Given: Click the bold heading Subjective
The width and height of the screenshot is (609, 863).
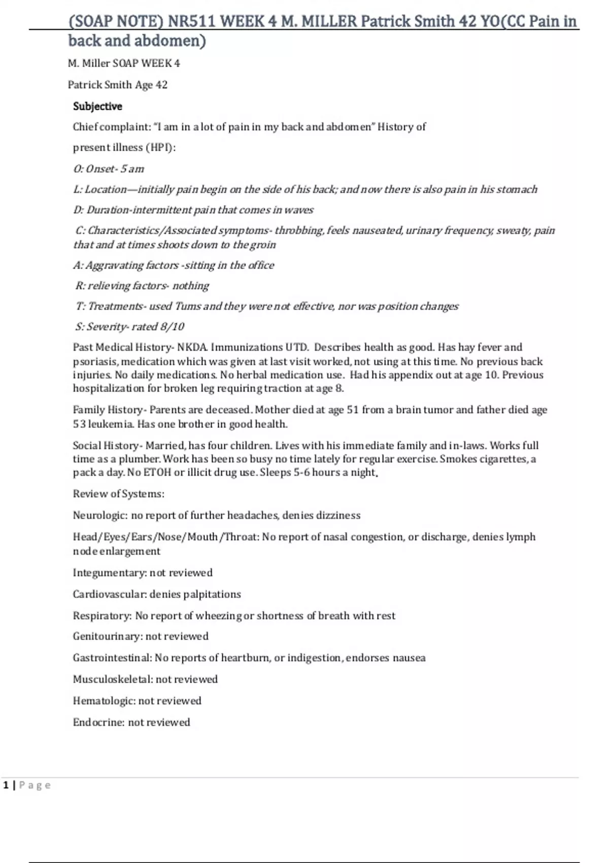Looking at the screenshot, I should [x=97, y=107].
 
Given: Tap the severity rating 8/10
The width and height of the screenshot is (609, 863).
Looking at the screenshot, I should [x=172, y=327].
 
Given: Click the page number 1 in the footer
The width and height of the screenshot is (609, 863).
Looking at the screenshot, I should [x=6, y=785].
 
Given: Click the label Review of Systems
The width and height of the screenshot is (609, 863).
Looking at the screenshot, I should [x=118, y=494].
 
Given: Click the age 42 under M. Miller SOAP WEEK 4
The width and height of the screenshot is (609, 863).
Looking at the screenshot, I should [x=161, y=85].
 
